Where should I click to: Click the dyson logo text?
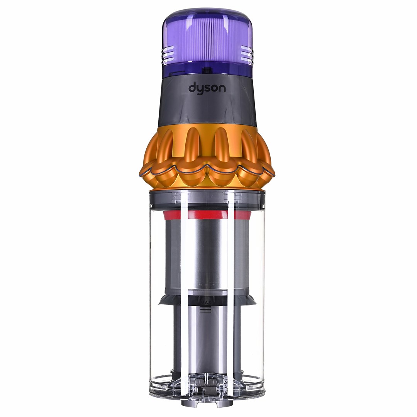207,88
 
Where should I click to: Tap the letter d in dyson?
192,88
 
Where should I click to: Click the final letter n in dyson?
223,89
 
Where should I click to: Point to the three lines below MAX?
205,310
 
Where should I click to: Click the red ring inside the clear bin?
207,215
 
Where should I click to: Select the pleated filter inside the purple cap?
207,42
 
